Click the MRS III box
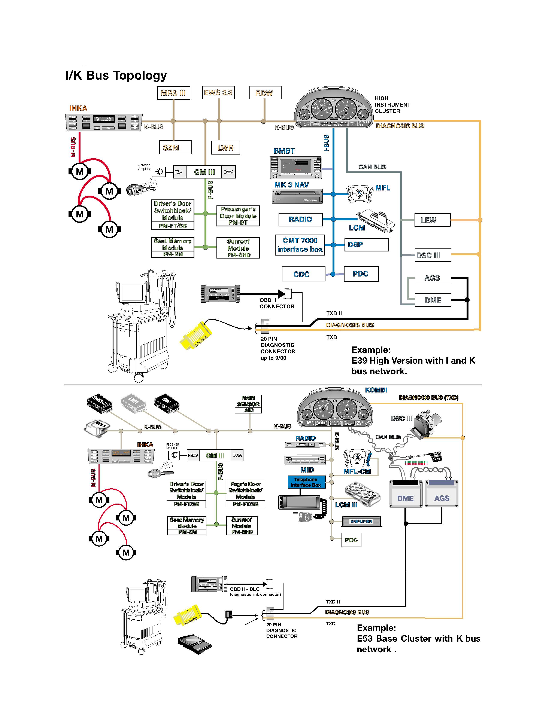point(173,93)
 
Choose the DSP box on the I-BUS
point(367,245)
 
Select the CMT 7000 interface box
point(300,245)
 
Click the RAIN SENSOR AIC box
point(248,404)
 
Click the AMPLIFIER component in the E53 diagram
point(362,521)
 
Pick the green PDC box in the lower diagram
point(351,540)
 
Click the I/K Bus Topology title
point(116,75)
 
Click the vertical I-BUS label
point(326,143)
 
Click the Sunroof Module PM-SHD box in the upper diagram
point(238,248)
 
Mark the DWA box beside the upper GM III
point(228,172)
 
